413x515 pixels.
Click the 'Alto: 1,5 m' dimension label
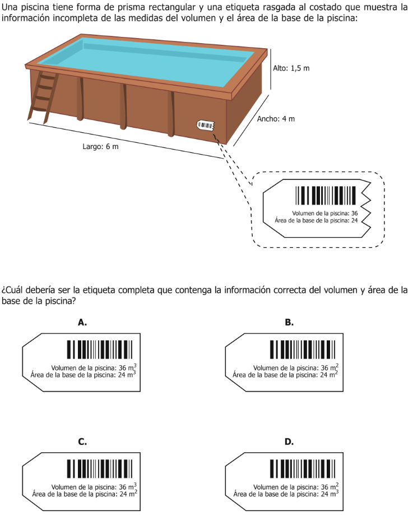(x=291, y=68)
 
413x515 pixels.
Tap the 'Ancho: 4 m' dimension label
(x=276, y=119)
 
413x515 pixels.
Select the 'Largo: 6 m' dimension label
(x=100, y=146)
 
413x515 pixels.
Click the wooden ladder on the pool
(x=43, y=97)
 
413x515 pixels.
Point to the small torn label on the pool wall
(x=205, y=125)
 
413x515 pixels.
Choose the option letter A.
(x=82, y=323)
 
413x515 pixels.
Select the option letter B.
(x=289, y=323)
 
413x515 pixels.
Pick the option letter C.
(x=82, y=442)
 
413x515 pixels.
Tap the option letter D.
(x=289, y=442)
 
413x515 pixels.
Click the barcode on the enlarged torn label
(x=326, y=196)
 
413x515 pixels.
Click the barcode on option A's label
(x=100, y=350)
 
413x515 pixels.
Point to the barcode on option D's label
(x=303, y=468)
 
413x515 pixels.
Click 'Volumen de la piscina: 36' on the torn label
(x=325, y=214)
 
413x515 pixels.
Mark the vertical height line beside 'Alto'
(x=271, y=69)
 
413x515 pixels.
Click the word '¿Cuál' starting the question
(x=12, y=290)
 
